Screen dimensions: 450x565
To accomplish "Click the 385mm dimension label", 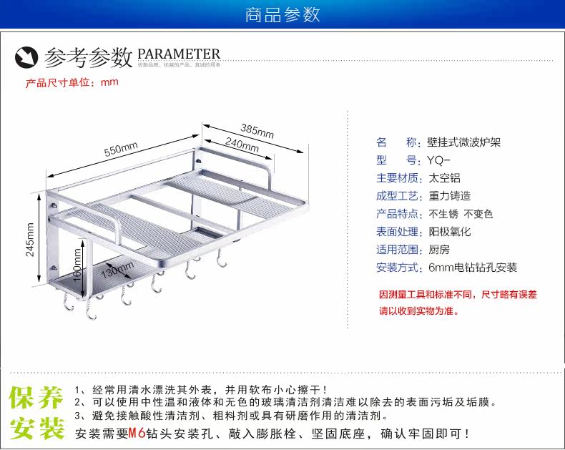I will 257,131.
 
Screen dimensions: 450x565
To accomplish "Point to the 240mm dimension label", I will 242,145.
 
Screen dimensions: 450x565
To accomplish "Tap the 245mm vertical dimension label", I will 29,240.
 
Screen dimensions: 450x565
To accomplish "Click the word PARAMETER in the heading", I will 179,54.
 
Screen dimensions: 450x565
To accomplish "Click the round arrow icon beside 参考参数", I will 26,56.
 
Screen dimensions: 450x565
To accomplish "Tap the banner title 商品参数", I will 282,14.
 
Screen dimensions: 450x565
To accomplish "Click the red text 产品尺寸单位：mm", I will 72,82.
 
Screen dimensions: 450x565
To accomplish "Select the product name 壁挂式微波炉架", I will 464,142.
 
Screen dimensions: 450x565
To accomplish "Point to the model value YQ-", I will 438,160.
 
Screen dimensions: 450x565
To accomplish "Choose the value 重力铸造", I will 450,196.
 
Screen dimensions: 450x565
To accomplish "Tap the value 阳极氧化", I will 450,232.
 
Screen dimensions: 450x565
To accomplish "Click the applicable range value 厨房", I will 438,250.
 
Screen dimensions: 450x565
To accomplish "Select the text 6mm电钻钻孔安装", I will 473,268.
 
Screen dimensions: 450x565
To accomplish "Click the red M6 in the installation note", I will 137,433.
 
